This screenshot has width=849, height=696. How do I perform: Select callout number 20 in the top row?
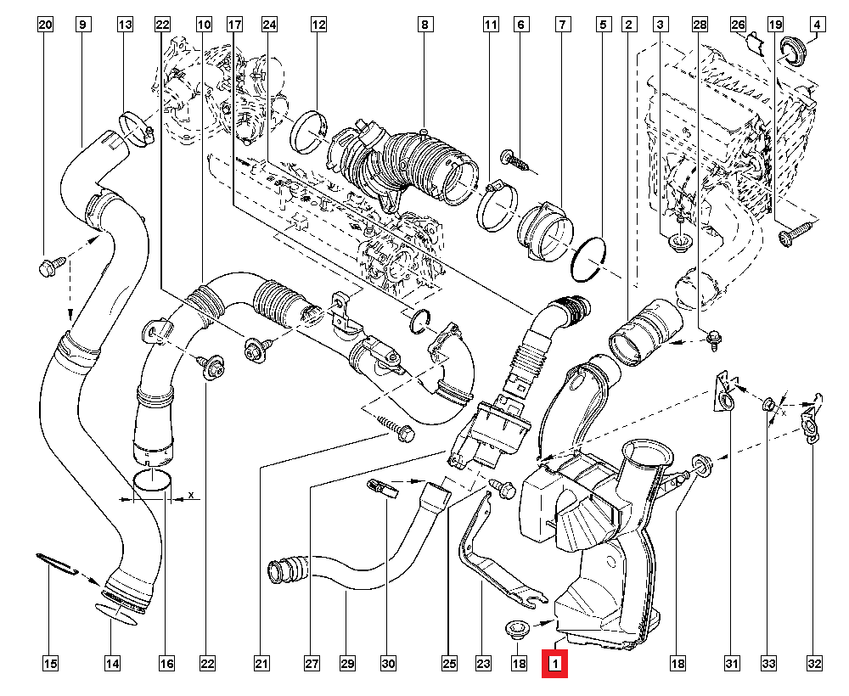click(46, 25)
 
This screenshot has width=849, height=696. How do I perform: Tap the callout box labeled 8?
click(424, 25)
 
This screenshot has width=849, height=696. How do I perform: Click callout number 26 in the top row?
click(738, 25)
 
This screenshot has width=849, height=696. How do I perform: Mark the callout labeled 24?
click(270, 25)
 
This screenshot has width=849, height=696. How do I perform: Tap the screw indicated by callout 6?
click(513, 159)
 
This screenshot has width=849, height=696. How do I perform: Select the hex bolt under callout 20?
click(48, 268)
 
